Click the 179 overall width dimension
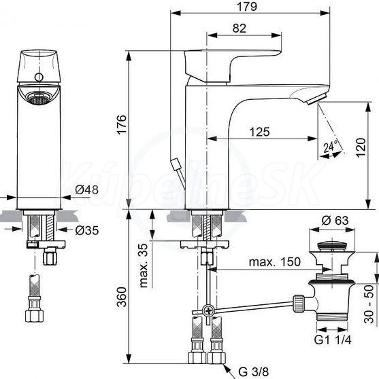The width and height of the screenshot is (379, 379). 247,7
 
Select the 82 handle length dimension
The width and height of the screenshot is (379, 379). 240,29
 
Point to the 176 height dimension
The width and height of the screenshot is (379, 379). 122,124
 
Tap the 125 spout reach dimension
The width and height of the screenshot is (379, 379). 259,132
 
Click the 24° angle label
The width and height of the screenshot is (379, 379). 331,145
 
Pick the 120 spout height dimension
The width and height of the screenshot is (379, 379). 361,147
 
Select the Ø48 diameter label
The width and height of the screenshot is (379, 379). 86,189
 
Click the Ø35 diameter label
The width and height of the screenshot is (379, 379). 87,230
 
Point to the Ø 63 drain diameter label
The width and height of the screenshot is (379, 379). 335,220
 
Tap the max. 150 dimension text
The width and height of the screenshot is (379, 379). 275,261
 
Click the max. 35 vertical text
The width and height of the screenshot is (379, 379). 144,266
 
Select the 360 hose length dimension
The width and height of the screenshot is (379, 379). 122,297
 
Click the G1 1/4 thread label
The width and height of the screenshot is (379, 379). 333,340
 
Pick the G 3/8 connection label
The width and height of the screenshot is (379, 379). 254,371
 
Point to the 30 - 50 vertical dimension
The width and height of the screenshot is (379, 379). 369,304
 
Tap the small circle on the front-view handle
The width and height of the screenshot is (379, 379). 39,77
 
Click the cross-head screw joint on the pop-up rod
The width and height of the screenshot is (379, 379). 208,310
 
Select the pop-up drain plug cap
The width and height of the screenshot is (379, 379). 333,246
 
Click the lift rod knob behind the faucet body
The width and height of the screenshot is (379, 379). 175,164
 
